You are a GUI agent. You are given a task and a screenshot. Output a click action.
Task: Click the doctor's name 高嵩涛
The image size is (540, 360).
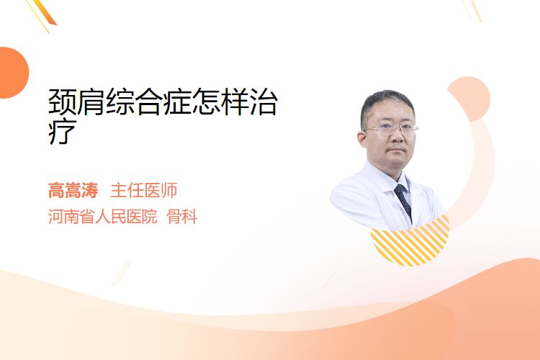click(73, 191)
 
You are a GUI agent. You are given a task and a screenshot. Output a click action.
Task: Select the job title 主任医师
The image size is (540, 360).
click(143, 191)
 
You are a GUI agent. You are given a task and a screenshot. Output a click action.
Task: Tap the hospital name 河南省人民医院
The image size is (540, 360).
click(103, 217)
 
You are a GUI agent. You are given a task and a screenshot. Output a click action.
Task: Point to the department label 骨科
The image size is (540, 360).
click(182, 217)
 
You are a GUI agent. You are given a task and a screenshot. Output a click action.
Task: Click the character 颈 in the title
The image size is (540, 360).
click(63, 102)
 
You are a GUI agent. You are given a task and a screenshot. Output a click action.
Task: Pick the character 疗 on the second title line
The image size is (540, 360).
click(63, 131)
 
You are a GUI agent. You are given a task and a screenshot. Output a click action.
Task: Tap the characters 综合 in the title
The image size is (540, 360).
click(134, 102)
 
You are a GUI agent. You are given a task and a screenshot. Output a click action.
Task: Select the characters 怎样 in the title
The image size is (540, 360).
click(220, 102)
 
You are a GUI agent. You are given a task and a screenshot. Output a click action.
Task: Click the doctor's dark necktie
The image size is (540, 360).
click(404, 201)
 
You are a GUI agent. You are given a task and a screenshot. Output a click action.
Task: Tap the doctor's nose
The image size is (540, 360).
click(397, 136)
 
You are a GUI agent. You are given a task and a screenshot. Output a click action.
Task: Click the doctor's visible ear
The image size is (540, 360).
click(362, 139)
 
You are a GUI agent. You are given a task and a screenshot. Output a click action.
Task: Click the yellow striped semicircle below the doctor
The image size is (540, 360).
click(410, 243)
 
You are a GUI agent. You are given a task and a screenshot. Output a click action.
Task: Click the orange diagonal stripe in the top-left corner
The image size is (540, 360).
click(45, 12)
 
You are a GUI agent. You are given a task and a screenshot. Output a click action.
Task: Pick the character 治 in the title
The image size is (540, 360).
click(263, 102)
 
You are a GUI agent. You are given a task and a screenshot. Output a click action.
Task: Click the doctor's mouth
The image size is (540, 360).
click(397, 150)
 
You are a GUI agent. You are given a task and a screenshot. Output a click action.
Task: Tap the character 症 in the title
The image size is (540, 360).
click(177, 102)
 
